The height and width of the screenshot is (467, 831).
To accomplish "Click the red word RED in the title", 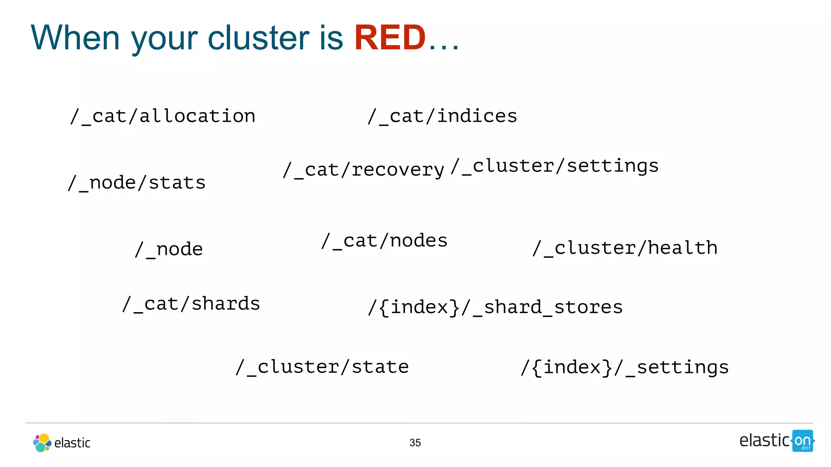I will click(x=390, y=38).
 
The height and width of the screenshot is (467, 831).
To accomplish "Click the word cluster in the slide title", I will click(x=258, y=38).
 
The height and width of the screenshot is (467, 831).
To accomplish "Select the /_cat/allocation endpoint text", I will click(x=163, y=116).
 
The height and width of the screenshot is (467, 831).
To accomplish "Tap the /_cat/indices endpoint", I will click(x=442, y=116).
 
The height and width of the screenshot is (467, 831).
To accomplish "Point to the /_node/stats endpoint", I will click(x=137, y=183).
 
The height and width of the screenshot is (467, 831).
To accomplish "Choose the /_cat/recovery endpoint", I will click(x=364, y=170).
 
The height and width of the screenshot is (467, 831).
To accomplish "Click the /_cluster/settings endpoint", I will click(x=555, y=166).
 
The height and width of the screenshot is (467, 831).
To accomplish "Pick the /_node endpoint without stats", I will click(x=169, y=249).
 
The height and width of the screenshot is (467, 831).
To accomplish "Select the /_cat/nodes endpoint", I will click(x=384, y=241).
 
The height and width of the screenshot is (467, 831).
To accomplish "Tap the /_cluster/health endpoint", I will click(x=625, y=248).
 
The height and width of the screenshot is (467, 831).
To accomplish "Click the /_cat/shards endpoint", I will click(x=191, y=304).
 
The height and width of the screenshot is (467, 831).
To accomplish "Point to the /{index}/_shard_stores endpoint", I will click(x=495, y=307).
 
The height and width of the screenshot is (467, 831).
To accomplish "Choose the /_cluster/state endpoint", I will click(x=322, y=367).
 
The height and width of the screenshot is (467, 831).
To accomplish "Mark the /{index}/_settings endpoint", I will click(x=625, y=368).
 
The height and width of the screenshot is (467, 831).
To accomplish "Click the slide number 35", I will click(x=415, y=443).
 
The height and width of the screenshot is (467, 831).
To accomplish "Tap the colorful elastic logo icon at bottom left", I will click(x=42, y=443).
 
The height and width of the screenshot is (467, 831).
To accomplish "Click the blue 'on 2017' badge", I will click(x=803, y=441).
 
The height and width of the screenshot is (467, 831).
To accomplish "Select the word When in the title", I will click(x=75, y=38).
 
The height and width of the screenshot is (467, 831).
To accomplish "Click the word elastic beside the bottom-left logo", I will click(x=72, y=443).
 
